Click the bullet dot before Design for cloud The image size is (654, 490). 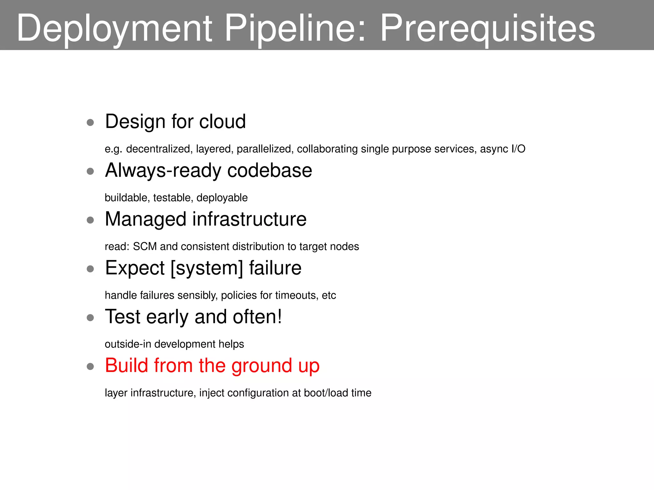pyautogui.click(x=90, y=122)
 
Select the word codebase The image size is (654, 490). pyautogui.click(x=270, y=170)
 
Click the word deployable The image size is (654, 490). pyautogui.click(x=222, y=198)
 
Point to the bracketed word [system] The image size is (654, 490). pyautogui.click(x=207, y=268)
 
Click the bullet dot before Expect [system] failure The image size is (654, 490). pyautogui.click(x=90, y=269)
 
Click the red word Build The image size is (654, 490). pyautogui.click(x=126, y=365)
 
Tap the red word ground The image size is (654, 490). pyautogui.click(x=262, y=366)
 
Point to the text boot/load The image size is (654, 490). pyautogui.click(x=326, y=393)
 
